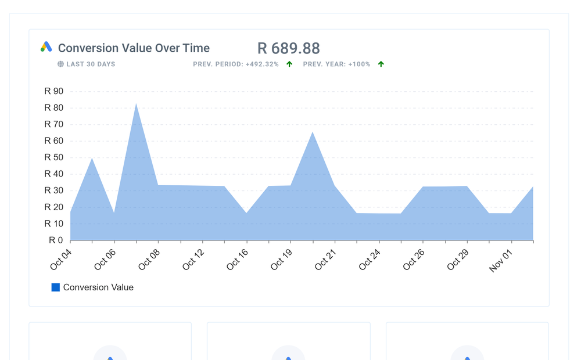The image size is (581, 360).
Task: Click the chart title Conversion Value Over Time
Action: pyautogui.click(x=134, y=48)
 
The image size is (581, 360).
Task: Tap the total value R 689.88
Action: pyautogui.click(x=288, y=48)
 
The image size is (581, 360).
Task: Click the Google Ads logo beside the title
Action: pyautogui.click(x=46, y=47)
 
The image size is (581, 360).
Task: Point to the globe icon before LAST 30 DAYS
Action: pyautogui.click(x=60, y=64)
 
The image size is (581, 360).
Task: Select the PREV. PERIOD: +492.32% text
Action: pyautogui.click(x=236, y=64)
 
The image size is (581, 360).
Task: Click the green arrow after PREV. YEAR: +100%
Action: pyautogui.click(x=381, y=64)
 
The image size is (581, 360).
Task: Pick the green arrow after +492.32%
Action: pyautogui.click(x=289, y=64)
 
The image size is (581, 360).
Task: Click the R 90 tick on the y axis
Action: pyautogui.click(x=54, y=91)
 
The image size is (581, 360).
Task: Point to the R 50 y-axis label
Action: pyautogui.click(x=54, y=157)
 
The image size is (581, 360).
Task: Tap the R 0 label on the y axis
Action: pyautogui.click(x=56, y=240)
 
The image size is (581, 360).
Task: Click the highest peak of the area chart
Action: pyautogui.click(x=136, y=105)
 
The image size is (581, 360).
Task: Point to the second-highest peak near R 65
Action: pyautogui.click(x=313, y=133)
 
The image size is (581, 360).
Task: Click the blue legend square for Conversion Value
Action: pyautogui.click(x=56, y=287)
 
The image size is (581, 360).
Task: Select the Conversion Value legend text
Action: pyautogui.click(x=98, y=287)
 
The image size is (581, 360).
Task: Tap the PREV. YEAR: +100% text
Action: pyautogui.click(x=336, y=64)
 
